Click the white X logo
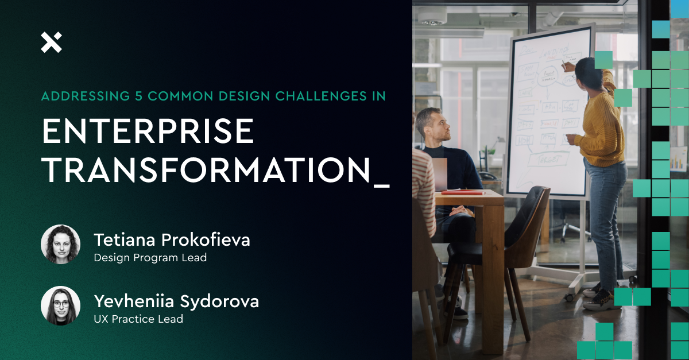point(51,42)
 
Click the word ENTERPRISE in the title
point(148,131)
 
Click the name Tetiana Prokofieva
point(172,239)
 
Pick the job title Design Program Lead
point(150,258)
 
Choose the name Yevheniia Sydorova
point(176,301)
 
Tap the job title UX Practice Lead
point(138,319)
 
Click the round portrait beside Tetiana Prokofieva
point(60,244)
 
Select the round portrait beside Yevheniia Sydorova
point(60,305)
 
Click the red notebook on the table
point(462,191)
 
